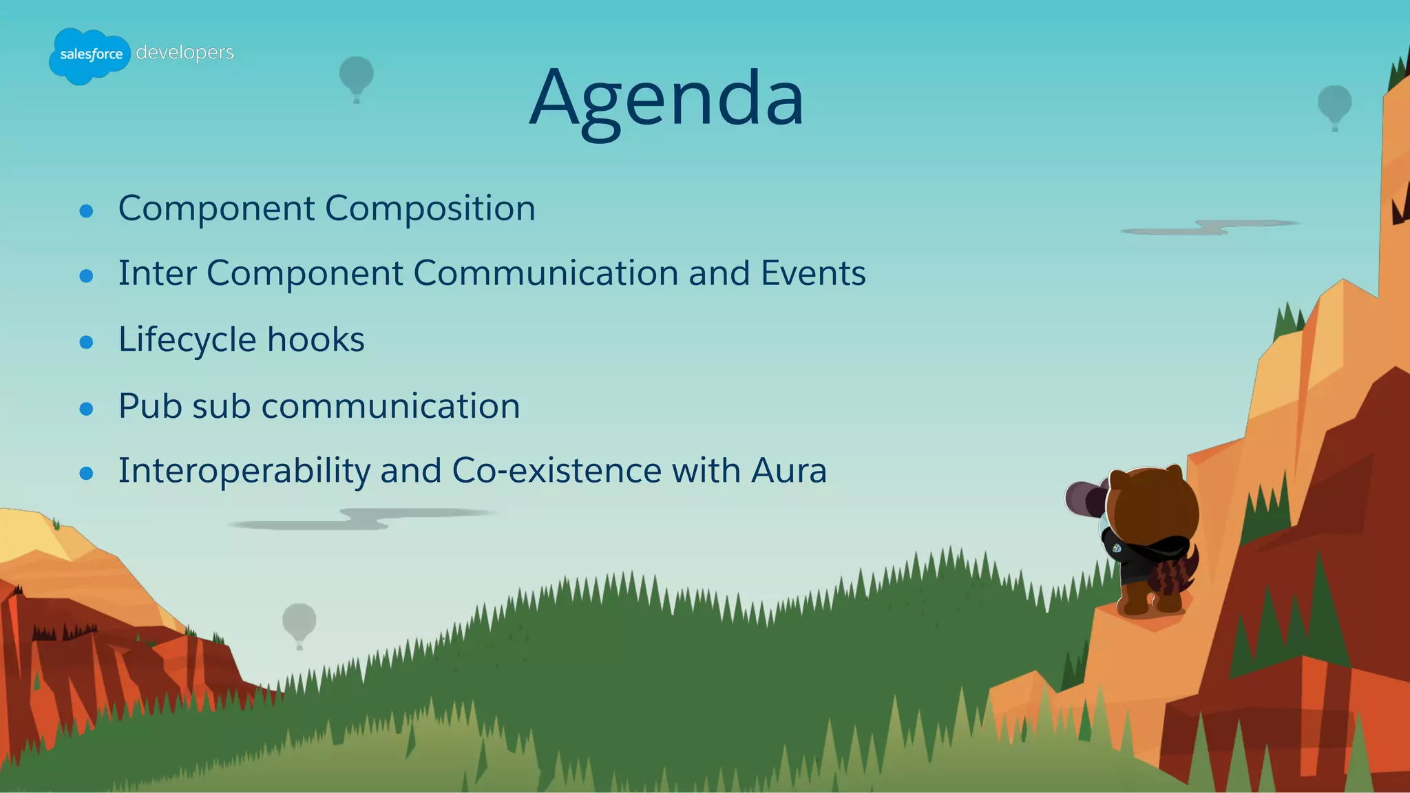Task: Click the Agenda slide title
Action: click(666, 98)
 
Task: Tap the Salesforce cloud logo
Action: click(90, 56)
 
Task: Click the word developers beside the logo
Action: click(185, 52)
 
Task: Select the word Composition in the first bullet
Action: click(430, 208)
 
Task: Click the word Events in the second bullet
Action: click(812, 273)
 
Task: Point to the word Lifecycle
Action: click(187, 339)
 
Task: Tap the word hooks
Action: click(315, 339)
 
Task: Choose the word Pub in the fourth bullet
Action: click(149, 405)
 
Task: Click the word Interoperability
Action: click(244, 472)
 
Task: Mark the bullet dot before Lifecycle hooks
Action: click(86, 342)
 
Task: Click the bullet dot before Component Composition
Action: click(86, 211)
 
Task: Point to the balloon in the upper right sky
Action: click(1334, 105)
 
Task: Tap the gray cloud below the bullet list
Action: click(358, 519)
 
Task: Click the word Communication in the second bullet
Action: click(545, 273)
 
